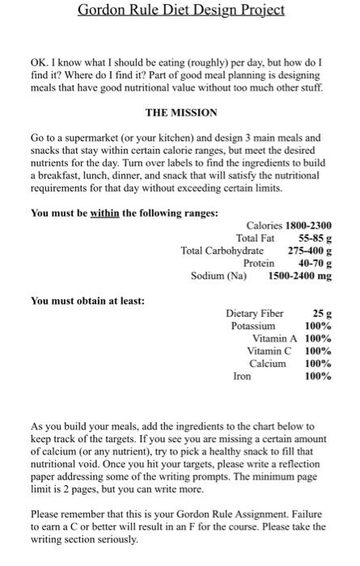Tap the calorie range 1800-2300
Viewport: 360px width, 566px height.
click(x=304, y=225)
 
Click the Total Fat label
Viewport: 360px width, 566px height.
click(x=256, y=238)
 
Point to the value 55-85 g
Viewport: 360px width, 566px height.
click(x=315, y=238)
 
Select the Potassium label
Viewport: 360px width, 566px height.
click(x=253, y=326)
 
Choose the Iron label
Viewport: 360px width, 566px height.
click(x=243, y=376)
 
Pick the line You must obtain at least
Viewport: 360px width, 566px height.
click(x=87, y=301)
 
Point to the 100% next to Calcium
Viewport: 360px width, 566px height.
click(x=318, y=364)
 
